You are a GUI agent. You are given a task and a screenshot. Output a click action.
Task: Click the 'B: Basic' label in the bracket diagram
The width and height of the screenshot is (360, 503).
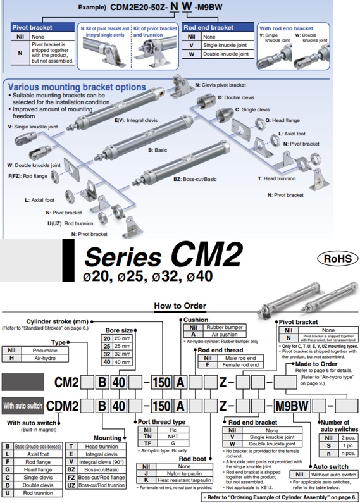(158, 151)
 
